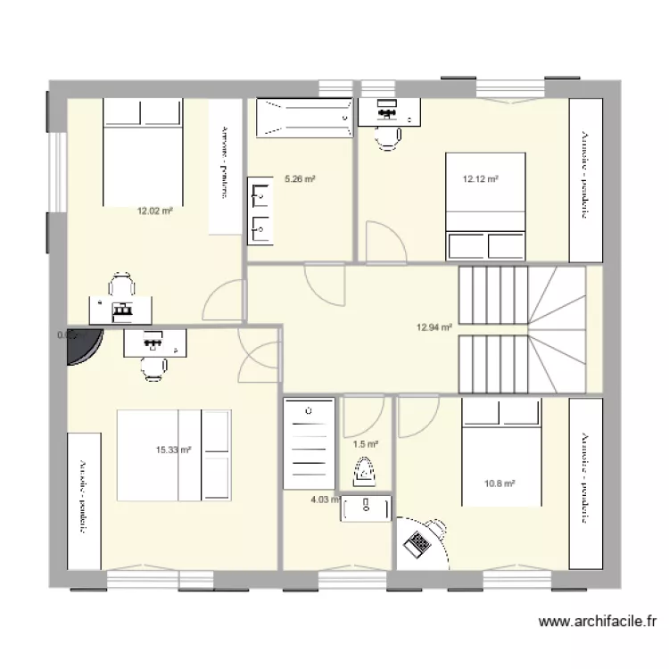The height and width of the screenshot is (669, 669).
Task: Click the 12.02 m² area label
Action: point(154,211)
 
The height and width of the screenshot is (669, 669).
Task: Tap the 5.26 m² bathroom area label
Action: point(301,179)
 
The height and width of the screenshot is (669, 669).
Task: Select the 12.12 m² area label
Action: point(480,179)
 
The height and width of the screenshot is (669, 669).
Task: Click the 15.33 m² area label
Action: point(173,450)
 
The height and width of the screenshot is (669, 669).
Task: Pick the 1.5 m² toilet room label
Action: point(366,443)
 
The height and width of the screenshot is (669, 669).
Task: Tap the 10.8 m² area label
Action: point(500,483)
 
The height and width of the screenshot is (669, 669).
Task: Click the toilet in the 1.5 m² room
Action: point(365,470)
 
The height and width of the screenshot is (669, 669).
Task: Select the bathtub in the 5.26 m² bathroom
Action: point(304,119)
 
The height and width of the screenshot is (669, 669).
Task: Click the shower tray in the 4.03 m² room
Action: point(309,443)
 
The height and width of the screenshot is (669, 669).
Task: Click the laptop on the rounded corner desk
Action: point(417,541)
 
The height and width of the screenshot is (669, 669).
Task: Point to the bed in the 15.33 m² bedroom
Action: point(175,456)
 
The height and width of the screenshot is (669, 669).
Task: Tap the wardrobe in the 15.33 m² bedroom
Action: point(84,500)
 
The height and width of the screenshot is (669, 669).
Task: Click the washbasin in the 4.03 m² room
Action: point(367,508)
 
